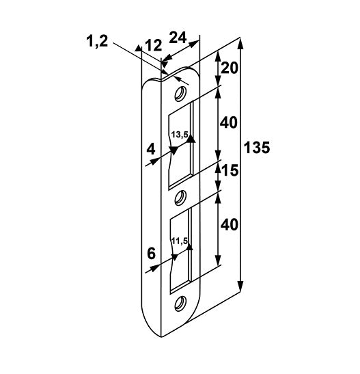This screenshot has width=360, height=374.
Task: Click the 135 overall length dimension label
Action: point(257,148)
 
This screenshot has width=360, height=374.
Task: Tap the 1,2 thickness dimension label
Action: point(97,41)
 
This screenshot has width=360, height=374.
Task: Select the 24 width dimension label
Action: point(178,38)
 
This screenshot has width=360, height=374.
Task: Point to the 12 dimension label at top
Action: point(154,45)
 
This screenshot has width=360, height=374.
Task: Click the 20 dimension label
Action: point(230,68)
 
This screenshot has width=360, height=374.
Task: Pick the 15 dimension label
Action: point(230,170)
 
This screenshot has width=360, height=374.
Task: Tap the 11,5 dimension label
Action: point(180,241)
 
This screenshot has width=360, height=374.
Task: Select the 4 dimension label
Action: point(151,150)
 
